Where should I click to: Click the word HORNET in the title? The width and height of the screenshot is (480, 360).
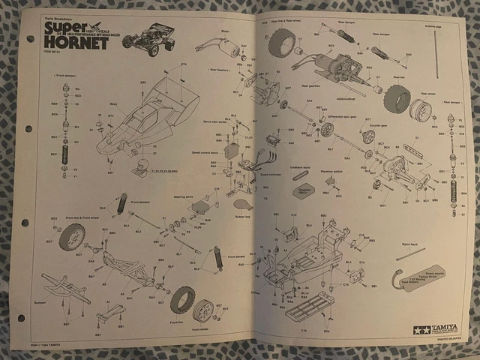point(75,43)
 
